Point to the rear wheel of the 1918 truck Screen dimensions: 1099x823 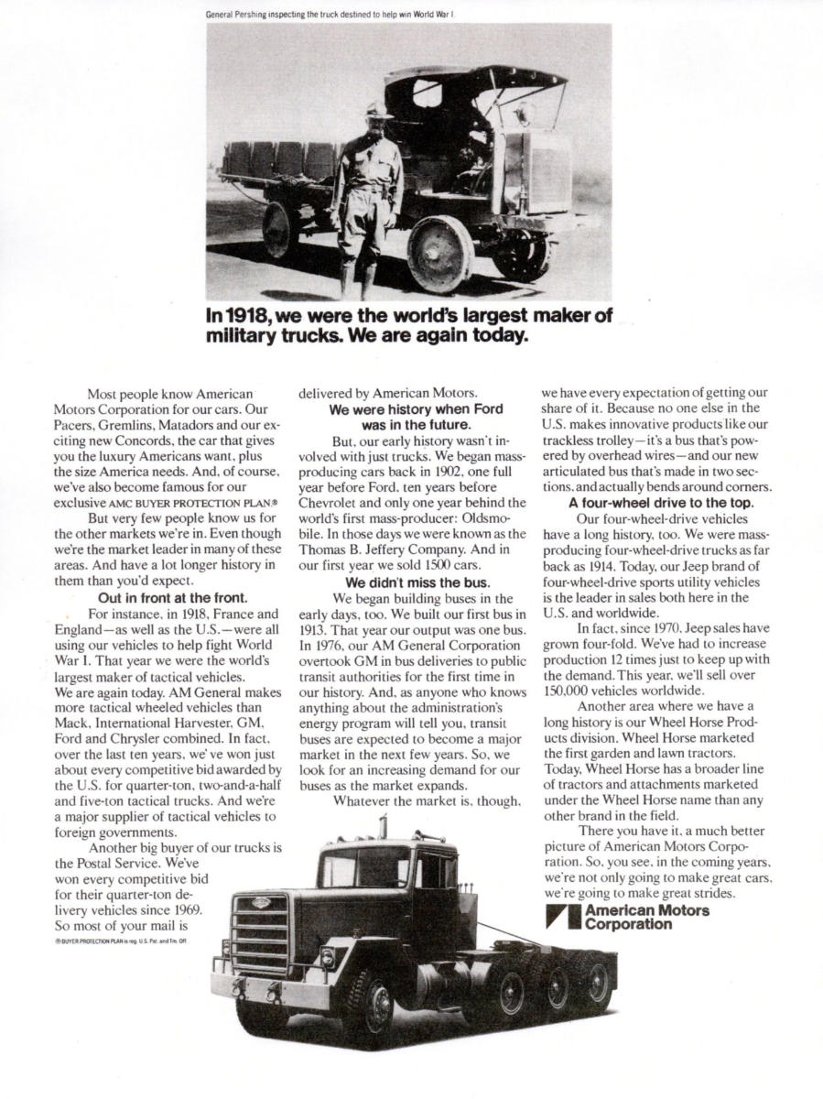(x=280, y=230)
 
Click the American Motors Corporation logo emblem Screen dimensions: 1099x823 (x=561, y=917)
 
